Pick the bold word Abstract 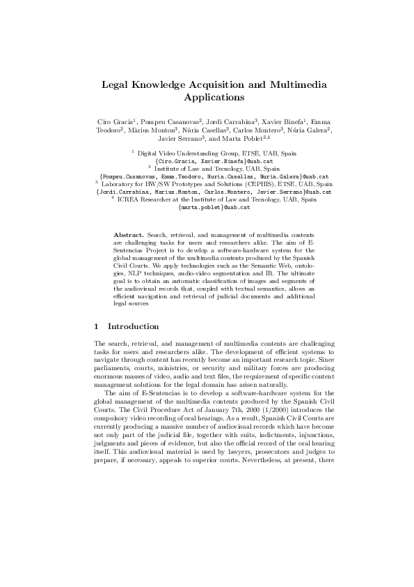(127, 231)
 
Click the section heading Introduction (133, 326)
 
